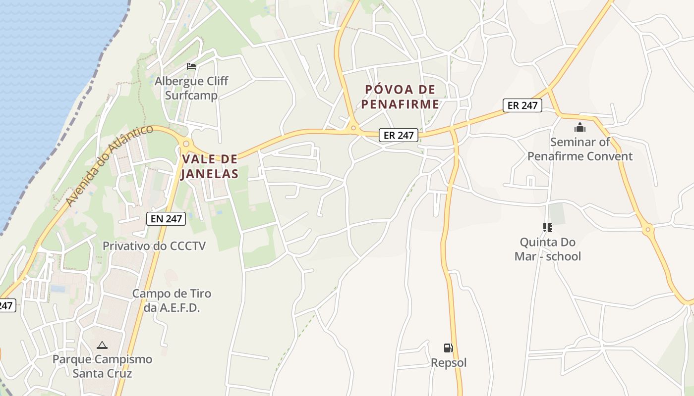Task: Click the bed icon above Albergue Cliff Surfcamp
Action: tap(191, 66)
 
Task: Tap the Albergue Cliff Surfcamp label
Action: tap(191, 88)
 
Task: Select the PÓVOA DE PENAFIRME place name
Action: tap(401, 97)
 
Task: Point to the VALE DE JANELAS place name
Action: tap(210, 166)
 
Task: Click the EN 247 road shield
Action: tap(166, 218)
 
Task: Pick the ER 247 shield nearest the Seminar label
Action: tap(522, 105)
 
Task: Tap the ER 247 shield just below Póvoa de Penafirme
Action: tap(399, 135)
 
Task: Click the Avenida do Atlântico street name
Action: tap(110, 165)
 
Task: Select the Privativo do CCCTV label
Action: tap(154, 246)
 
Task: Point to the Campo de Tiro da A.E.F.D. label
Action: tap(172, 300)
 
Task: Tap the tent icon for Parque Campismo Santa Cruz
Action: tap(102, 345)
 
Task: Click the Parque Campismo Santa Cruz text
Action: tap(102, 366)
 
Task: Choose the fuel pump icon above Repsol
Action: tap(449, 348)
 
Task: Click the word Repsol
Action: tap(449, 363)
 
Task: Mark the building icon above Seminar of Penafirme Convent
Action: tap(580, 128)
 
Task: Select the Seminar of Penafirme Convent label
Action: tap(580, 149)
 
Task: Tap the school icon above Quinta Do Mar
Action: tap(548, 228)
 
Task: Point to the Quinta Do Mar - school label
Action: tap(548, 249)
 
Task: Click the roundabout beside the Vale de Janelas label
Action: tap(186, 144)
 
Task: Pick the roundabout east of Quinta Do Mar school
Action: tap(647, 229)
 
